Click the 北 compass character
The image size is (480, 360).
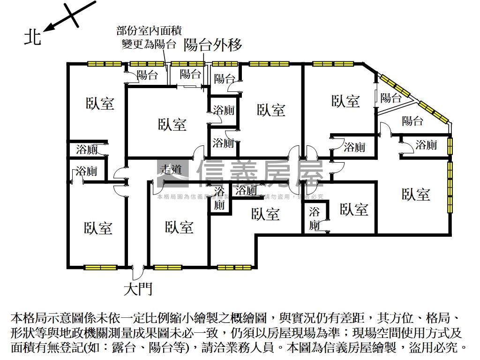tap(33, 37)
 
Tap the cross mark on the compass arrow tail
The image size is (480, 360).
tap(73, 14)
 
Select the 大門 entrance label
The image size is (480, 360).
tap(138, 289)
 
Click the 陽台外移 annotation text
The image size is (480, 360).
tap(213, 45)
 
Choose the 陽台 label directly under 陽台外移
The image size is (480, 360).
tap(190, 74)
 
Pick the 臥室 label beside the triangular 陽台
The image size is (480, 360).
tap(345, 101)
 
